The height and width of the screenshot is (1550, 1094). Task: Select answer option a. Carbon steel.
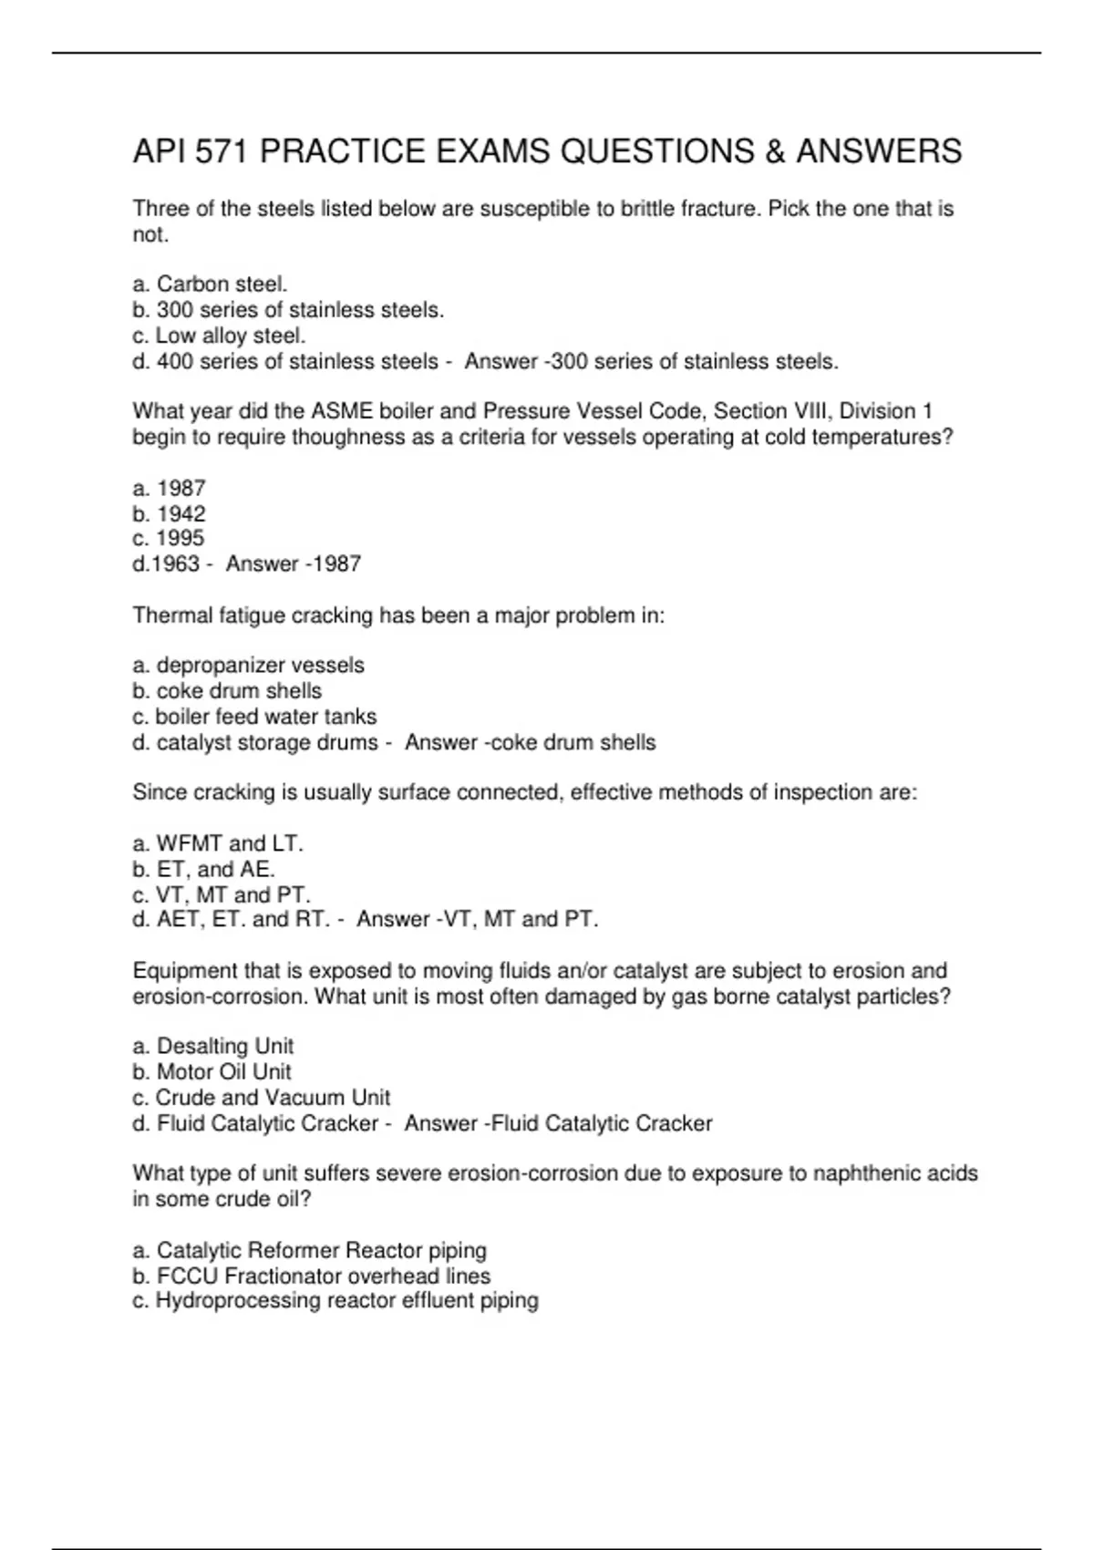coord(210,284)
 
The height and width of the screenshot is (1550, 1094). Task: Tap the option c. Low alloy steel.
coord(219,336)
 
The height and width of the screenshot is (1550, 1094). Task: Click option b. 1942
coord(169,513)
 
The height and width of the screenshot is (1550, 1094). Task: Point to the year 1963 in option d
coord(175,563)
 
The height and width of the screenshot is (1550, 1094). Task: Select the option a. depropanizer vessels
coord(248,666)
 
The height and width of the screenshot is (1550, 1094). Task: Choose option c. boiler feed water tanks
coord(254,717)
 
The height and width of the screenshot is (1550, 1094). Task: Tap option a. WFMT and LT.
coord(218,843)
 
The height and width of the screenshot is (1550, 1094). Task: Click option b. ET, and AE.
coord(203,869)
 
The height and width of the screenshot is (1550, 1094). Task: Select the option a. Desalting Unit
coord(212,1046)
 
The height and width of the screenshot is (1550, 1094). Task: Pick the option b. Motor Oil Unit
coord(212,1071)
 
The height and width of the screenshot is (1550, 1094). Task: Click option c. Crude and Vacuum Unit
coord(261,1097)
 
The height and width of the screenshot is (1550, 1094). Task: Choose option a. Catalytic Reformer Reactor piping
coord(309,1250)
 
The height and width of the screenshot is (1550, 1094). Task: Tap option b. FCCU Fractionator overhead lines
coord(311,1276)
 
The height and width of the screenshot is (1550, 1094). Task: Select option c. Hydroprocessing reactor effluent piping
coord(335,1300)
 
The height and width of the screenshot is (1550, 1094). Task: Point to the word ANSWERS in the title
coord(879,151)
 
